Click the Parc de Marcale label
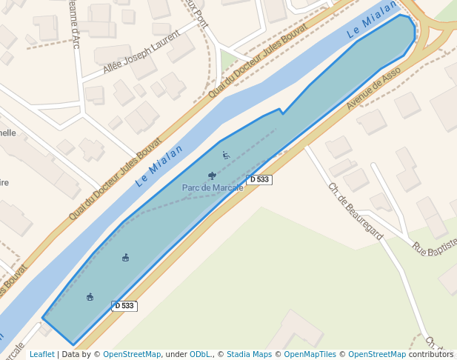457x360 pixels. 213,187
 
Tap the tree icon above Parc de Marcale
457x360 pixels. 213,176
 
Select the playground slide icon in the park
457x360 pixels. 226,155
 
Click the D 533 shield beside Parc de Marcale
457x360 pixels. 259,179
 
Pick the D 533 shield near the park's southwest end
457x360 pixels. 124,306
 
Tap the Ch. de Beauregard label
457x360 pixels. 356,211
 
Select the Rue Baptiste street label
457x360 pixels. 434,251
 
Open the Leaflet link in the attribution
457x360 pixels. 41,355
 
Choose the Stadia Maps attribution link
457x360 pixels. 249,355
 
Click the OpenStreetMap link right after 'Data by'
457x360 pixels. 132,355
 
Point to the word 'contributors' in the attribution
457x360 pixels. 430,355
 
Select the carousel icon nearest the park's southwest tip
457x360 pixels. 90,297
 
